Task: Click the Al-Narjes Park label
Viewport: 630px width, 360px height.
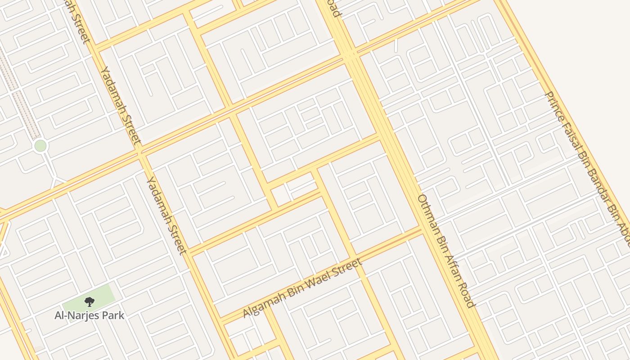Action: pyautogui.click(x=89, y=315)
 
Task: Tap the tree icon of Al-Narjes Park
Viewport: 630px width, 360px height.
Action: pyautogui.click(x=89, y=302)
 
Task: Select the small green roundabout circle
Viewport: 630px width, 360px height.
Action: pyautogui.click(x=40, y=146)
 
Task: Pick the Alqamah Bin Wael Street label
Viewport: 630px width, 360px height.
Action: pyautogui.click(x=302, y=288)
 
